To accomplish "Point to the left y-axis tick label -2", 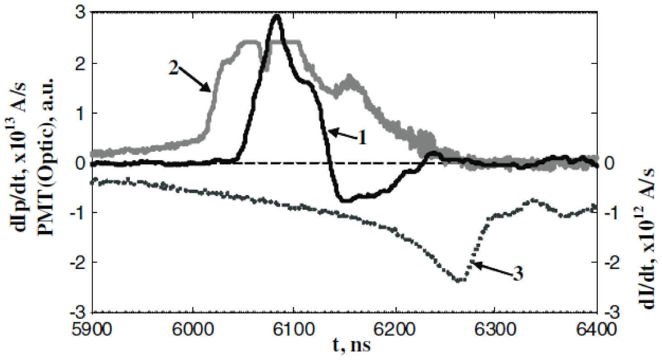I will tap(77, 262).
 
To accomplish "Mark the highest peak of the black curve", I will tap(276, 16).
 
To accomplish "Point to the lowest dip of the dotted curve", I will tap(459, 281).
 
